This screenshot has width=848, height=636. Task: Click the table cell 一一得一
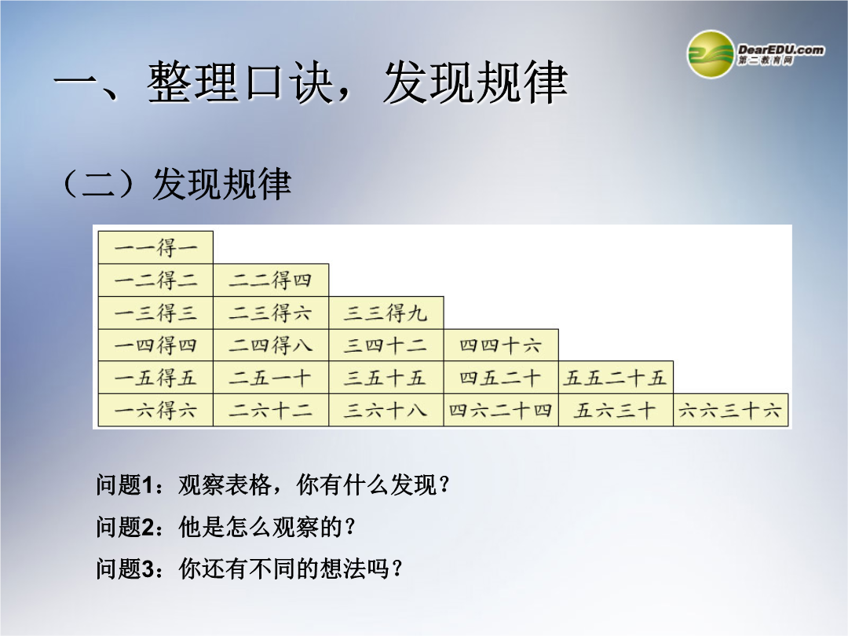point(155,247)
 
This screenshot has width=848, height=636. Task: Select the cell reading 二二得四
point(271,280)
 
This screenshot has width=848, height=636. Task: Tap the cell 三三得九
point(386,313)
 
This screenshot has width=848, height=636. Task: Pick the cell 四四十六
point(501,345)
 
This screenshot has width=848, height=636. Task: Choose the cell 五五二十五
point(616,378)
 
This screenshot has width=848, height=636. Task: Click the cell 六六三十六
point(730,410)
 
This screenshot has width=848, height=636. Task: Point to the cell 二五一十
point(271,378)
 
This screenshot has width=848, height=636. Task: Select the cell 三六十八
point(386,410)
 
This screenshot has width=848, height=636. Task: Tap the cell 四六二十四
point(501,410)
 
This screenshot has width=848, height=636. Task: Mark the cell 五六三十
point(616,410)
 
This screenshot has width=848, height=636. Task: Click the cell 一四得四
point(155,345)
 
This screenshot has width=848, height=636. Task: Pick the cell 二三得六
point(271,313)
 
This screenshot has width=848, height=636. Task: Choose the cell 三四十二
point(386,345)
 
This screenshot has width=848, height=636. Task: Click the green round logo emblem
point(710,54)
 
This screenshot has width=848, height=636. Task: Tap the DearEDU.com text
point(780,49)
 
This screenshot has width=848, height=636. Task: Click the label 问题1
point(125,484)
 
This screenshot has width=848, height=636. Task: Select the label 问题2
point(125,527)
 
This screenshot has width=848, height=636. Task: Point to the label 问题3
point(125,568)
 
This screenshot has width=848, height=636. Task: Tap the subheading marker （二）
point(98,184)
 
